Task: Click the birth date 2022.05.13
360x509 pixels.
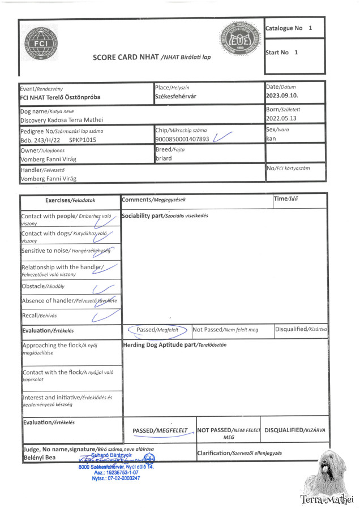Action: [281, 119]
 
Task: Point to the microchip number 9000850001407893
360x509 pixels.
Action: [182, 139]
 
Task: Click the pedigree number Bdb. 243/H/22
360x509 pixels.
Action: [41, 139]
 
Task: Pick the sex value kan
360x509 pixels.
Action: [271, 139]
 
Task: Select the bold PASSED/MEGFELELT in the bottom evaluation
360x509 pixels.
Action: [160, 430]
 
